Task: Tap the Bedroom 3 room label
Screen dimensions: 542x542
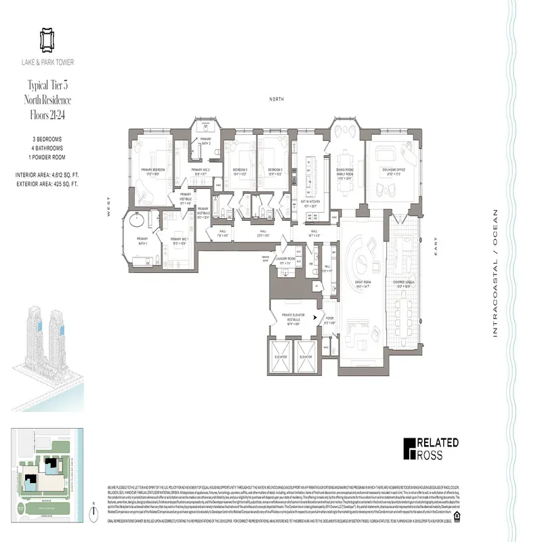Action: (239, 171)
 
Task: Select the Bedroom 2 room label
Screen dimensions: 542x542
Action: (274, 171)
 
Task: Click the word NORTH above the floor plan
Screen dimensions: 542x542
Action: (276, 99)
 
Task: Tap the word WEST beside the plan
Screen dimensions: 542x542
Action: (108, 206)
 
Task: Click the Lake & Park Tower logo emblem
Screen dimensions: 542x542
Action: (47, 40)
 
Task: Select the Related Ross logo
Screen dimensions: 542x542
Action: (431, 449)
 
